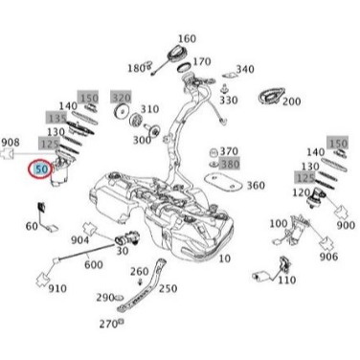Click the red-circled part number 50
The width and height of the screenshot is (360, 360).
tap(41, 169)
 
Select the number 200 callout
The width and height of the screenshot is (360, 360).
tap(291, 101)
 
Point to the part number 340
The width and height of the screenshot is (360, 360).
tap(245, 69)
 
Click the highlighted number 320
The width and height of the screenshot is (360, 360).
tap(121, 98)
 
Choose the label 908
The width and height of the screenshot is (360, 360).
tap(11, 143)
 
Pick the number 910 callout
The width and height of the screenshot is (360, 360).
tap(57, 288)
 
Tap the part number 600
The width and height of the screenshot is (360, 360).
tap(94, 265)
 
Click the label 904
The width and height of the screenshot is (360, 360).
tap(80, 240)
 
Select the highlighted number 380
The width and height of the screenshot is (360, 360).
tap(230, 164)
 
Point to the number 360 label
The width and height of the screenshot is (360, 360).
tap(256, 186)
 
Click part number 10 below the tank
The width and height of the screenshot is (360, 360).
tap(223, 259)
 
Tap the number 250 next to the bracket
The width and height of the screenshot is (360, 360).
tap(167, 288)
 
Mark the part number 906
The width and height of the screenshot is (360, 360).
tap(327, 257)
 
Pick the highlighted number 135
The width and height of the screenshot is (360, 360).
tap(56, 117)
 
